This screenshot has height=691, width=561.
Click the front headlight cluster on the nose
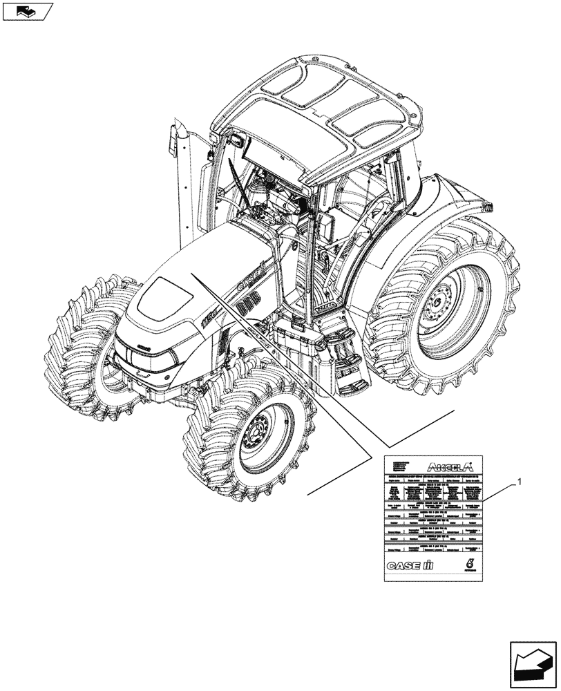[145, 354]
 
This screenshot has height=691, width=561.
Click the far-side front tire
[76, 345]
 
